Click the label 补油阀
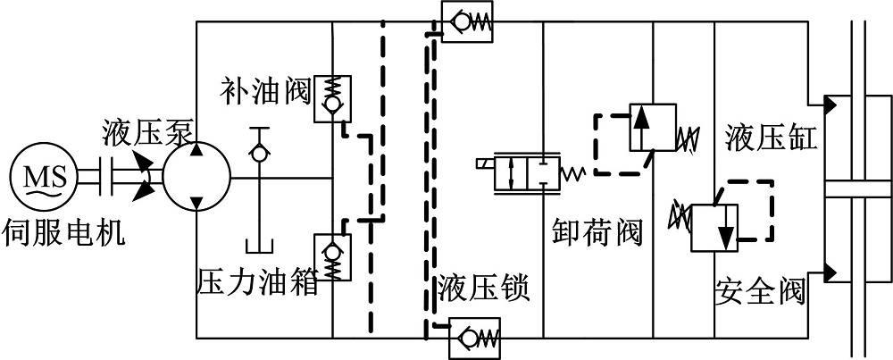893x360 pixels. pyautogui.click(x=264, y=88)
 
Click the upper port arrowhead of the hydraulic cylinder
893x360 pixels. pyautogui.click(x=830, y=105)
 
